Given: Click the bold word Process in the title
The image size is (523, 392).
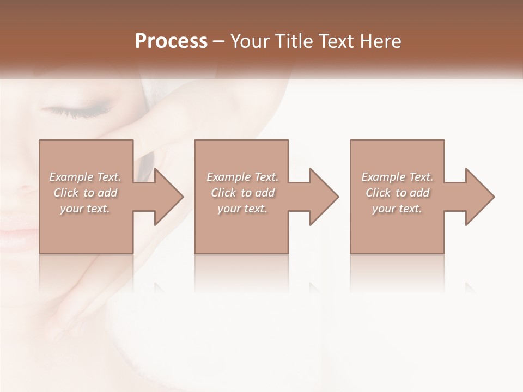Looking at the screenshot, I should click(171, 41).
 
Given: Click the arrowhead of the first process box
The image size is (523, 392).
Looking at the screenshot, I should click(167, 197).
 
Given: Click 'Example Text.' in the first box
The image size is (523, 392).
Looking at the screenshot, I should click(86, 177).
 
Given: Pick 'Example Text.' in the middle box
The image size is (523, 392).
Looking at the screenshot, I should click(242, 177).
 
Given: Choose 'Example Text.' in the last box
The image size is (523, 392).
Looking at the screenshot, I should click(397, 177).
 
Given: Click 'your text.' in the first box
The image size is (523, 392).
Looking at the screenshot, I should click(85, 209).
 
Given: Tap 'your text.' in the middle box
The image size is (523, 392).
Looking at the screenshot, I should click(242, 209).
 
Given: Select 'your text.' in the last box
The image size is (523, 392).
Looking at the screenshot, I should click(397, 209).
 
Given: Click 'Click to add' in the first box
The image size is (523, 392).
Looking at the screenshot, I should click(86, 193).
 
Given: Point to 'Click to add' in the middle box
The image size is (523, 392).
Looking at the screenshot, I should click(242, 193).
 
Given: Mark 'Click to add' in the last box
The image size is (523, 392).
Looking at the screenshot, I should click(397, 193).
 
